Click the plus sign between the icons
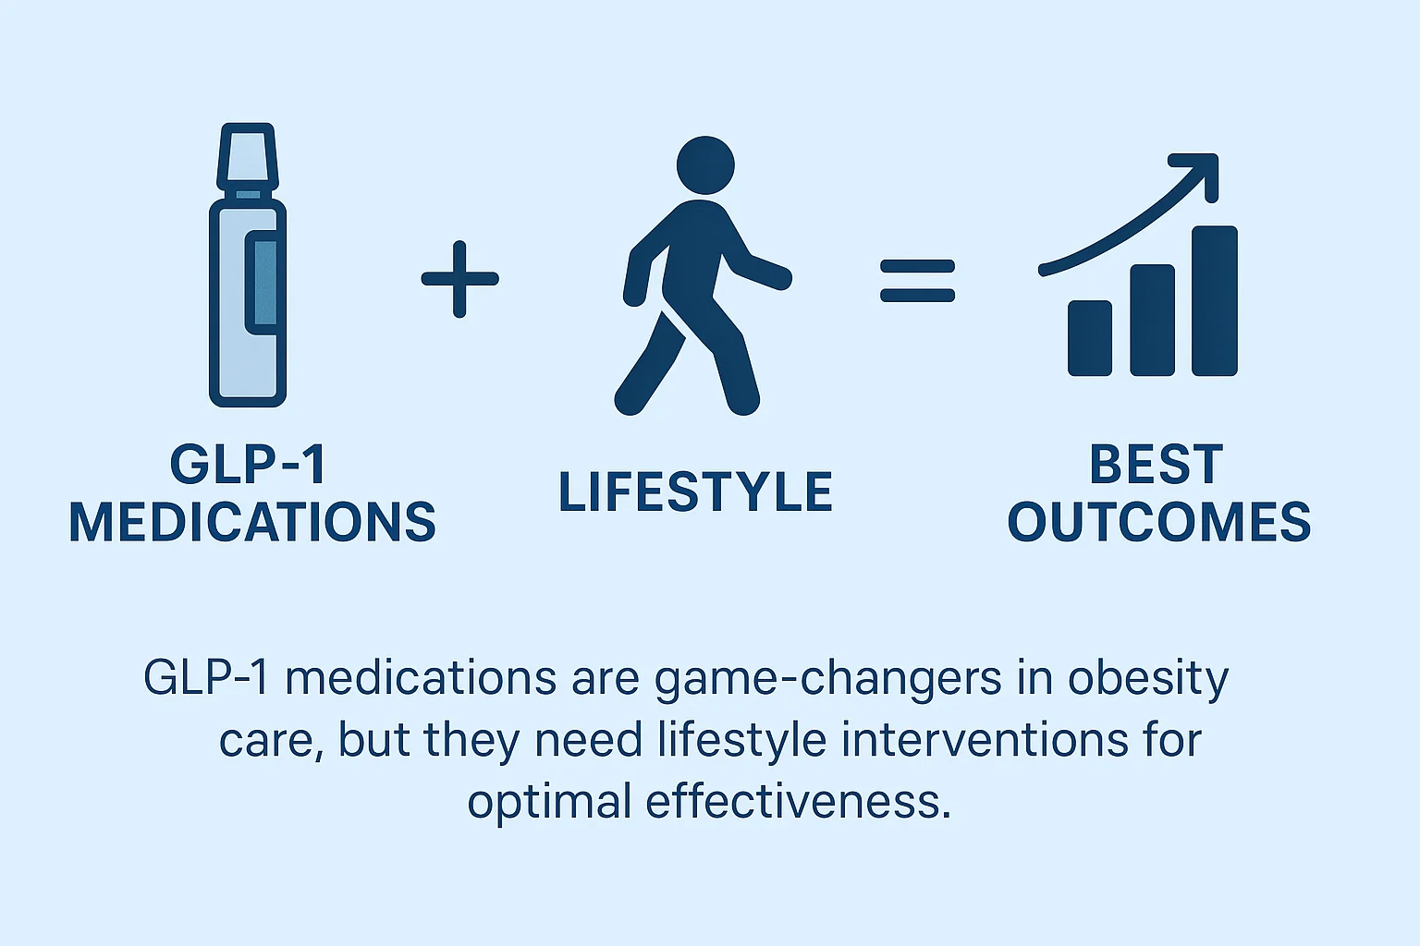[x=459, y=278]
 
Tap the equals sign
[x=917, y=280]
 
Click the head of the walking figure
[x=705, y=166]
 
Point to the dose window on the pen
[x=263, y=283]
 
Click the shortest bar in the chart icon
[x=1090, y=338]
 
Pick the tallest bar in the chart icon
[x=1214, y=301]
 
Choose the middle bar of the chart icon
[x=1152, y=321]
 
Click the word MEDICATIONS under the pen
[x=252, y=522]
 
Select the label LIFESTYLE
[x=695, y=491]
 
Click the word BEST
[x=1157, y=464]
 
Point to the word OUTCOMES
[x=1158, y=522]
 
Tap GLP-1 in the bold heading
[x=248, y=464]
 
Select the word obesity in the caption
[x=1148, y=680]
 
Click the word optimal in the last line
[x=549, y=802]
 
